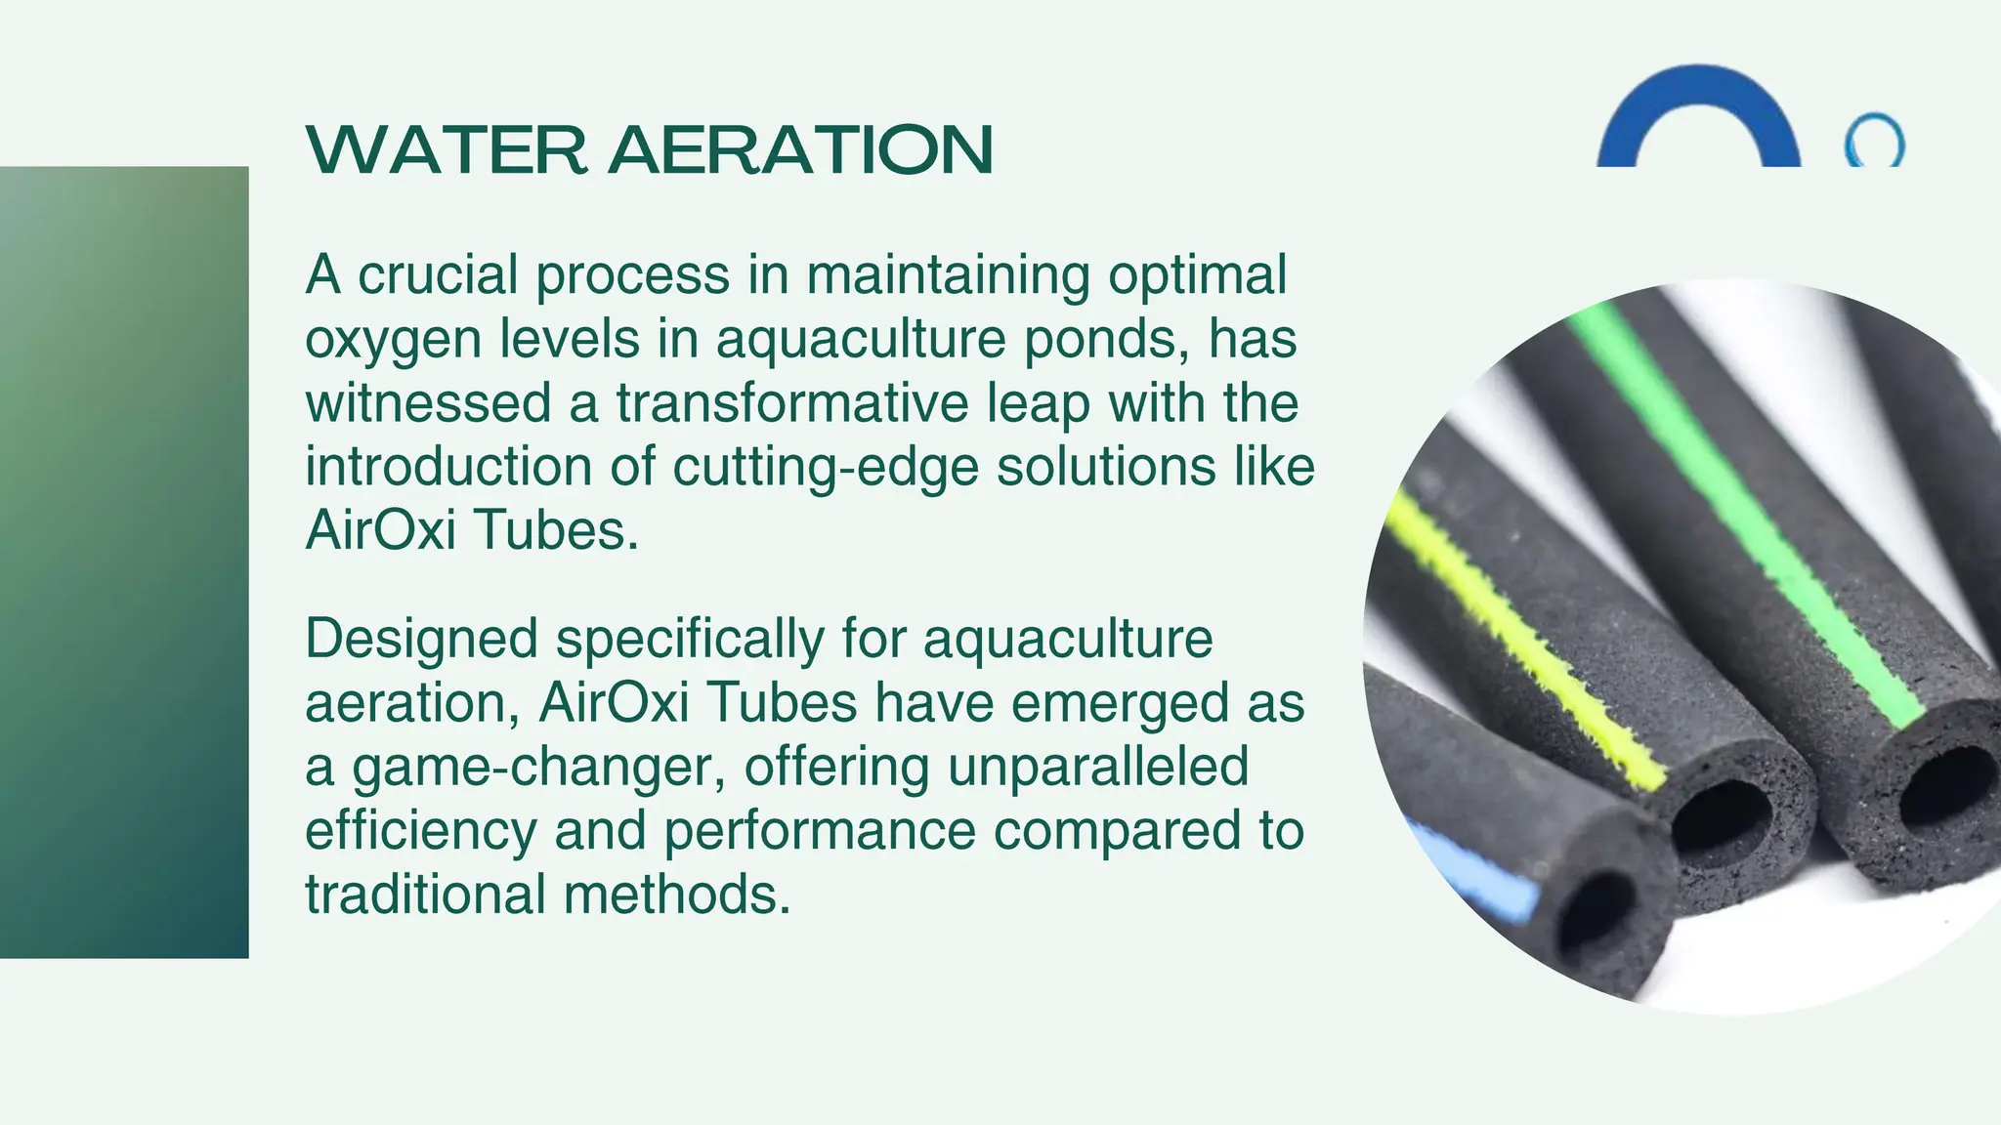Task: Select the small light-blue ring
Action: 1874,143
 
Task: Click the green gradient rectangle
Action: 124,562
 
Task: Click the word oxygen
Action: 394,340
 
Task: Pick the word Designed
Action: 421,639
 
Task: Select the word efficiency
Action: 421,831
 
